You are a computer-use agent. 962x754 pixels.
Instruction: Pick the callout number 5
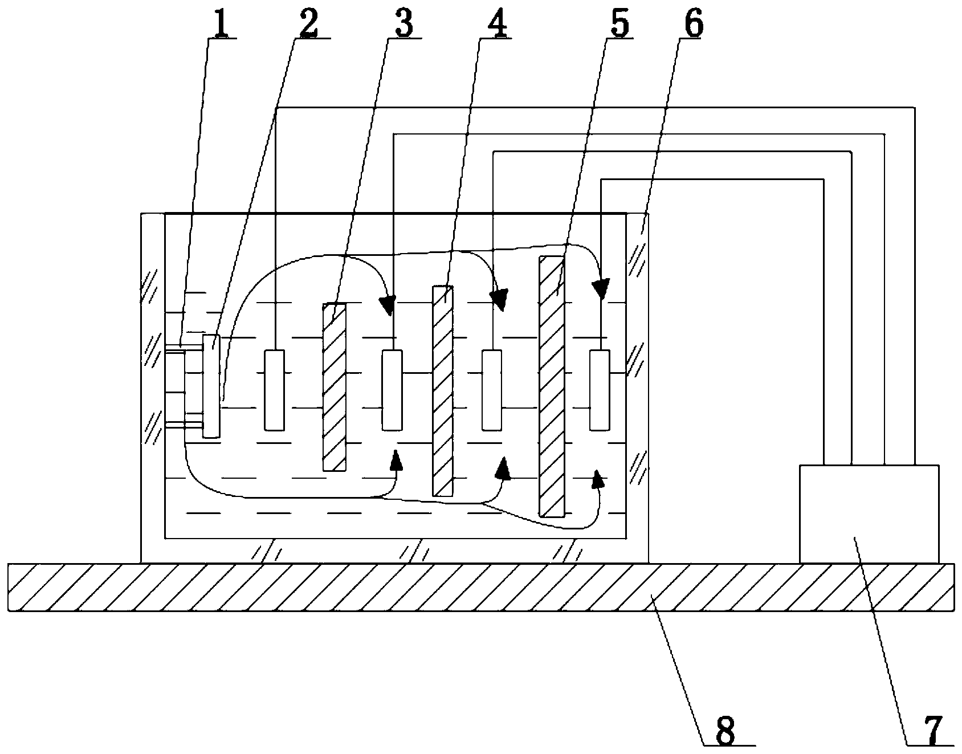click(618, 23)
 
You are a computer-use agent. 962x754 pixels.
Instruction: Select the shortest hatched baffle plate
click(334, 388)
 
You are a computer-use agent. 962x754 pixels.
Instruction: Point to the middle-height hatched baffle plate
click(443, 390)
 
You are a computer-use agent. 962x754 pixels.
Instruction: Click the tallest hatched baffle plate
click(552, 386)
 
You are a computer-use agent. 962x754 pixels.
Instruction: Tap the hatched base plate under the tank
click(480, 587)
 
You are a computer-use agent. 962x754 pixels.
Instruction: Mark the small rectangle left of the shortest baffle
click(274, 390)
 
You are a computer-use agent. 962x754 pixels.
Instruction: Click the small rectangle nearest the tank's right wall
click(600, 390)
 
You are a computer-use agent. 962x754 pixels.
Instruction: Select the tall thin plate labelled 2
click(211, 386)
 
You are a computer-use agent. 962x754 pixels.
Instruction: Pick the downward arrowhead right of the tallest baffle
click(601, 288)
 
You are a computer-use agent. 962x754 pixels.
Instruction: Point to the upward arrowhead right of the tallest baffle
click(597, 479)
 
